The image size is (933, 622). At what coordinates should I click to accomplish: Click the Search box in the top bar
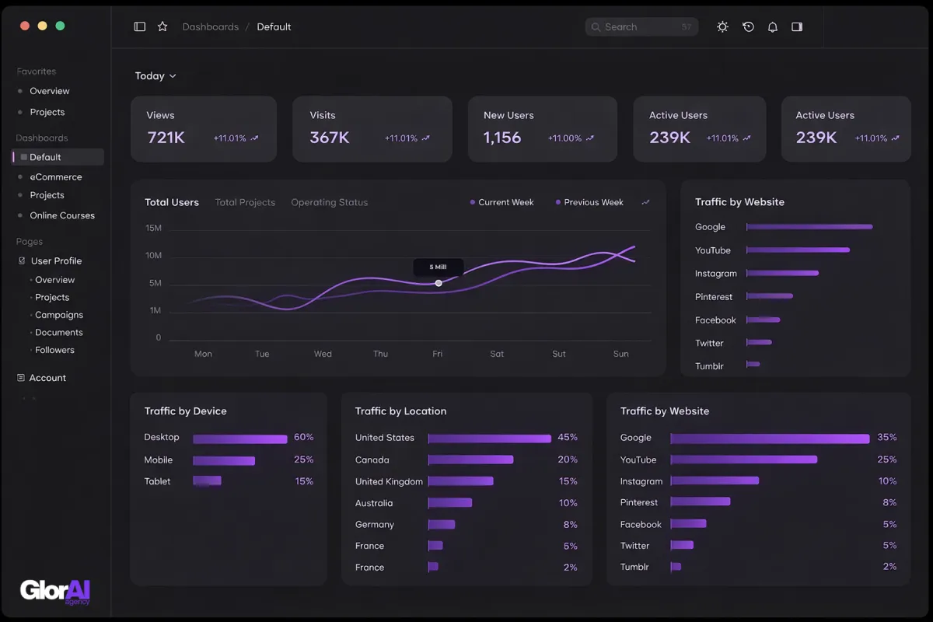641,27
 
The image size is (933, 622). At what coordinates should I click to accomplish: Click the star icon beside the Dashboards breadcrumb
162,26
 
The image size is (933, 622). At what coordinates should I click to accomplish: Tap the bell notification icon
772,27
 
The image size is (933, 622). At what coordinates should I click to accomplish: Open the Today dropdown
155,76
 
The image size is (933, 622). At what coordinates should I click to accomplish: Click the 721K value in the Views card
166,138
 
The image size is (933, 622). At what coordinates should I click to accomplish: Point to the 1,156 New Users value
502,138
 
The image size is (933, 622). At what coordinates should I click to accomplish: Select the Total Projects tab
245,202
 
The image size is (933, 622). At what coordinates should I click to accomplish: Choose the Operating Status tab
329,202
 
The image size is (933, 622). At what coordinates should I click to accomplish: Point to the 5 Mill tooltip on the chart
439,267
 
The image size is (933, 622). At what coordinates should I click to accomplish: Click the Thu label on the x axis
380,354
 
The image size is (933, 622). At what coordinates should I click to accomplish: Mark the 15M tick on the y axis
153,228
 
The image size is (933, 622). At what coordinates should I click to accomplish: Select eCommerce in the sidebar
55,177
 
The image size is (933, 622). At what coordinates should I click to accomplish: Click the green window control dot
60,26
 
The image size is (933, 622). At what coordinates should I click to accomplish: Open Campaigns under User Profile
59,315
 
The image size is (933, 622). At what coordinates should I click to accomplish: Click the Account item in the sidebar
47,378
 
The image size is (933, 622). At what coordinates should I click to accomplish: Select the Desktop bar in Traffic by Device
239,439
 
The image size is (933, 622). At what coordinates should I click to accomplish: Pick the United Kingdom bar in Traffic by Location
460,481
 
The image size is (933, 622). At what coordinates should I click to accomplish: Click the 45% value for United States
568,438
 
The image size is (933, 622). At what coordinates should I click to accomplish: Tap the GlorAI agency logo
55,592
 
